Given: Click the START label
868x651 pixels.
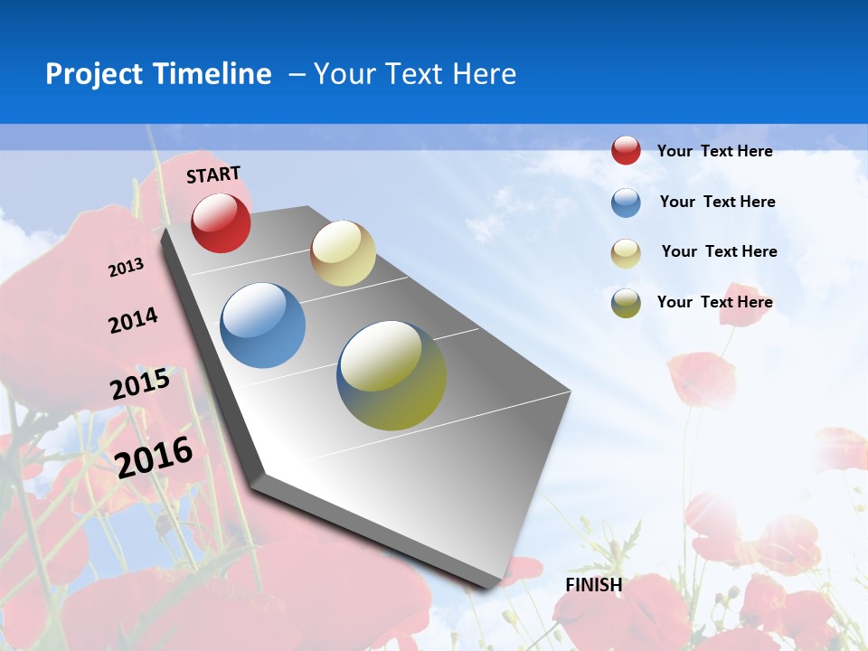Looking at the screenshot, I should (x=213, y=175).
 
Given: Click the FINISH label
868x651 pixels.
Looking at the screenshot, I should (x=593, y=585).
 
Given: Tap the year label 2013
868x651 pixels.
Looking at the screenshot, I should (x=126, y=268).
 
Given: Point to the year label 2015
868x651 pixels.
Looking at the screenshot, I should (x=140, y=384).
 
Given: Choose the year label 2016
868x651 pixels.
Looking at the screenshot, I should (x=154, y=457).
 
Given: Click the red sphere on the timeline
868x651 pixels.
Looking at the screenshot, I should (x=221, y=222).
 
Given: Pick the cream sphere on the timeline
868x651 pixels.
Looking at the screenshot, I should (x=343, y=253).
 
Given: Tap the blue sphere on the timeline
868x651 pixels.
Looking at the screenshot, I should (x=262, y=325).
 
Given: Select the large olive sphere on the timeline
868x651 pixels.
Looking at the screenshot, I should (x=392, y=375).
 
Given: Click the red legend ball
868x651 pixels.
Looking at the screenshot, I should (x=626, y=151).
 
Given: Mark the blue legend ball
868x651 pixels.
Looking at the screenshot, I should (x=626, y=203).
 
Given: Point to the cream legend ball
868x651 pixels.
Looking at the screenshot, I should (x=626, y=253).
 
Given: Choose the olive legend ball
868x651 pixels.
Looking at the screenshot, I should (x=626, y=303).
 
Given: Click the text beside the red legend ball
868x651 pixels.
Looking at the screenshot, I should (x=714, y=151).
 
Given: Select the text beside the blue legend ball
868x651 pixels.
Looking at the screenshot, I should (x=717, y=202).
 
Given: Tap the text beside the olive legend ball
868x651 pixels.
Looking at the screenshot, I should (x=714, y=302).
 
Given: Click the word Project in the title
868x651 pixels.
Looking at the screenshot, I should (x=93, y=74).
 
